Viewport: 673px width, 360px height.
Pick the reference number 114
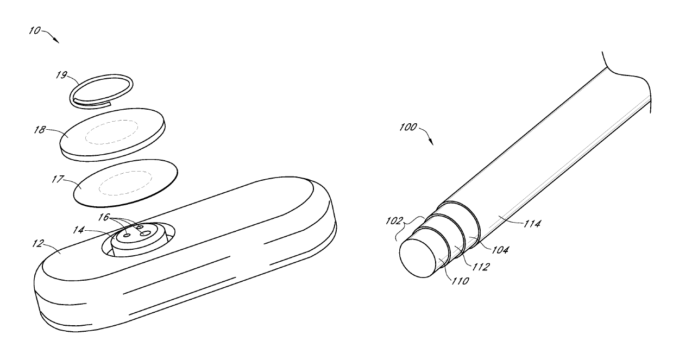pyautogui.click(x=530, y=223)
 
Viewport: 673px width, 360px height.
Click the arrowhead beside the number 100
pyautogui.click(x=431, y=142)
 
